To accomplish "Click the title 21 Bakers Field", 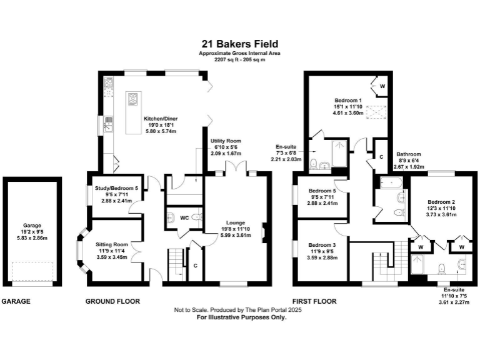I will pyautogui.click(x=240, y=44).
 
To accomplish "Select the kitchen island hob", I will pyautogui.click(x=134, y=99).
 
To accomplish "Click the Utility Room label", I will pyautogui.click(x=226, y=142).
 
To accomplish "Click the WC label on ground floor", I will pyautogui.click(x=184, y=218).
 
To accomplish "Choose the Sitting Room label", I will pyautogui.click(x=112, y=245).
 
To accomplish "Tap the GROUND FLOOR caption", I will pyautogui.click(x=112, y=301).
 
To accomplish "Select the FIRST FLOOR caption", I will pyautogui.click(x=315, y=301).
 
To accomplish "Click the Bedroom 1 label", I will pyautogui.click(x=347, y=101).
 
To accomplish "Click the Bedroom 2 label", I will pyautogui.click(x=442, y=202).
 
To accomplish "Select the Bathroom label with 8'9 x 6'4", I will pyautogui.click(x=409, y=154).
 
